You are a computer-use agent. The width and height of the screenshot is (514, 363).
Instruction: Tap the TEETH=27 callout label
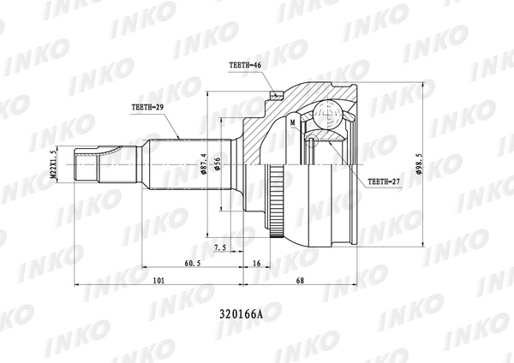click(x=381, y=182)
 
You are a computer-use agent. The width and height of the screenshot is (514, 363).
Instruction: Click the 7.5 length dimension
click(x=219, y=247)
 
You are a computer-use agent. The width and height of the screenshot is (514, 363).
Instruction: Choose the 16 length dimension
click(x=257, y=265)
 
